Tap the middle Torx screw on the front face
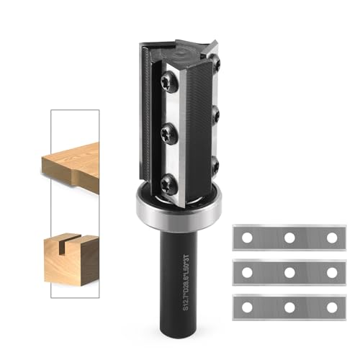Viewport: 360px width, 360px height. point(167,132)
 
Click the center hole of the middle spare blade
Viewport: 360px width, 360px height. point(289,272)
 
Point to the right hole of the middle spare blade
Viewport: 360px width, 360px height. point(331,272)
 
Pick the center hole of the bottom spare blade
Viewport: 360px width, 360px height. point(289,307)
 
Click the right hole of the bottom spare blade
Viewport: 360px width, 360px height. point(331,307)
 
